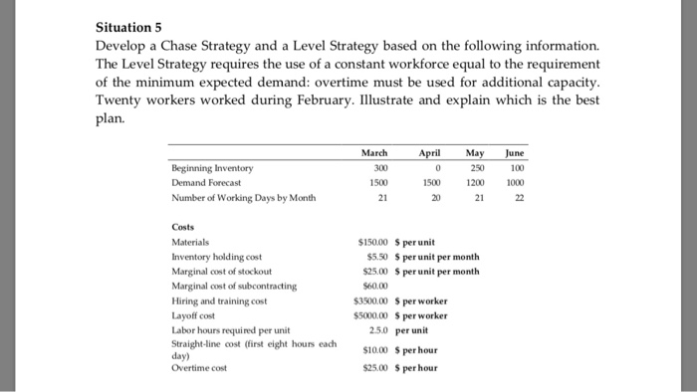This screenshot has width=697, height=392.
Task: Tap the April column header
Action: click(x=429, y=154)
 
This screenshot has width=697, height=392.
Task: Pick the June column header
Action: click(x=515, y=154)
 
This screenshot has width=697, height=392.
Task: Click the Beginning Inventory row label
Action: click(x=211, y=168)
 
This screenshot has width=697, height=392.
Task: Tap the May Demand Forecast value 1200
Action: click(x=478, y=182)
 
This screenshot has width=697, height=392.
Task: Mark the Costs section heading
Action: click(x=184, y=227)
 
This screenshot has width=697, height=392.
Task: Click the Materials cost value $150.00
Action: click(x=371, y=242)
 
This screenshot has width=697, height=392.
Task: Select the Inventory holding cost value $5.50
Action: click(x=374, y=256)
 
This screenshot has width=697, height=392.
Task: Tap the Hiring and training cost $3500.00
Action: click(x=369, y=298)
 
